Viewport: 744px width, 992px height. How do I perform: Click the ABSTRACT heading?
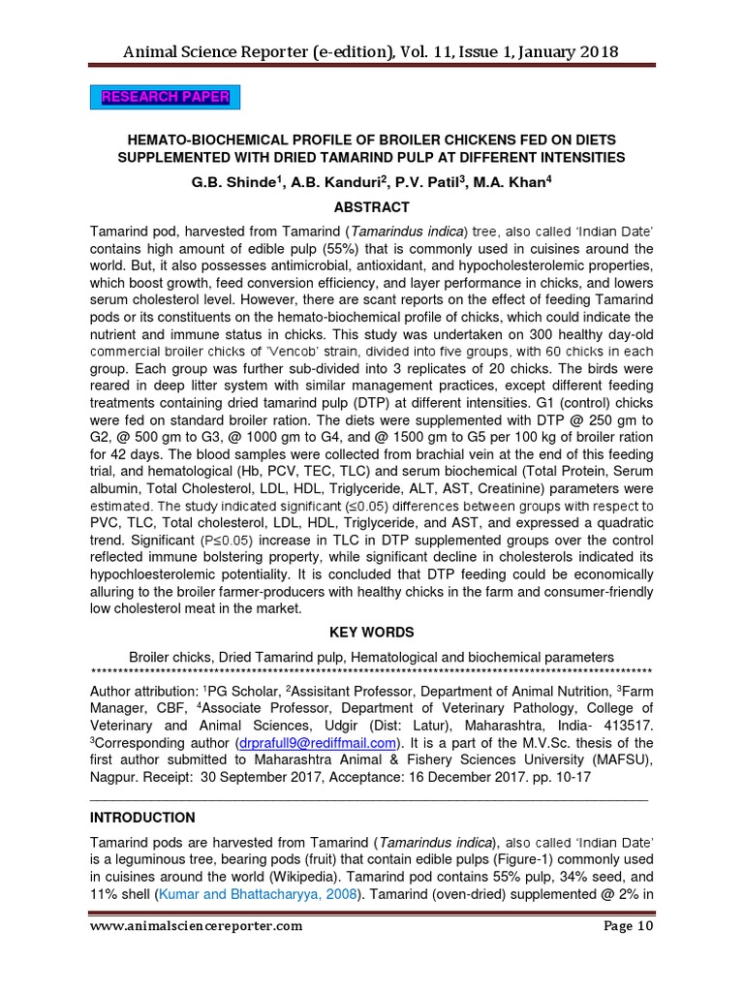[x=371, y=207]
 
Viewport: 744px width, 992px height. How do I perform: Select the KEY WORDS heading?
[x=371, y=633]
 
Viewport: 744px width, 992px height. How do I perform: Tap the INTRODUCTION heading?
[x=142, y=818]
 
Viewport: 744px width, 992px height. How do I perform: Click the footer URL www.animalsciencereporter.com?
[x=196, y=952]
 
